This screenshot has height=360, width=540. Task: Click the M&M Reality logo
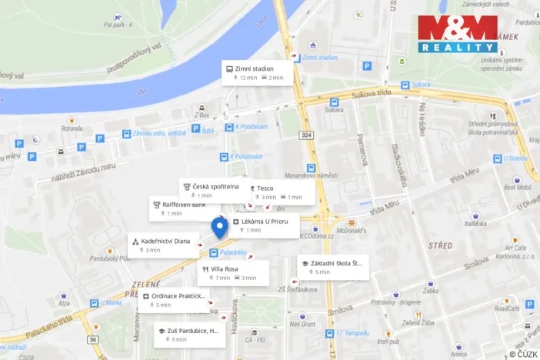(x=457, y=34)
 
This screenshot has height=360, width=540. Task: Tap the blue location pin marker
(x=219, y=228)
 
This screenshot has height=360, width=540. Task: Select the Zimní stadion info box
(x=255, y=72)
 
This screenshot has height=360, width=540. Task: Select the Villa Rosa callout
(x=234, y=272)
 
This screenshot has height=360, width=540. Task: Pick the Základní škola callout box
(x=332, y=267)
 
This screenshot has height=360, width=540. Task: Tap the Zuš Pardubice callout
(x=188, y=335)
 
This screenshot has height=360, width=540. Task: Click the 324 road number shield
(x=307, y=135)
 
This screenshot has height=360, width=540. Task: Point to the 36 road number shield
(x=93, y=339)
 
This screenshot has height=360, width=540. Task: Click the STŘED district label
(x=440, y=246)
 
